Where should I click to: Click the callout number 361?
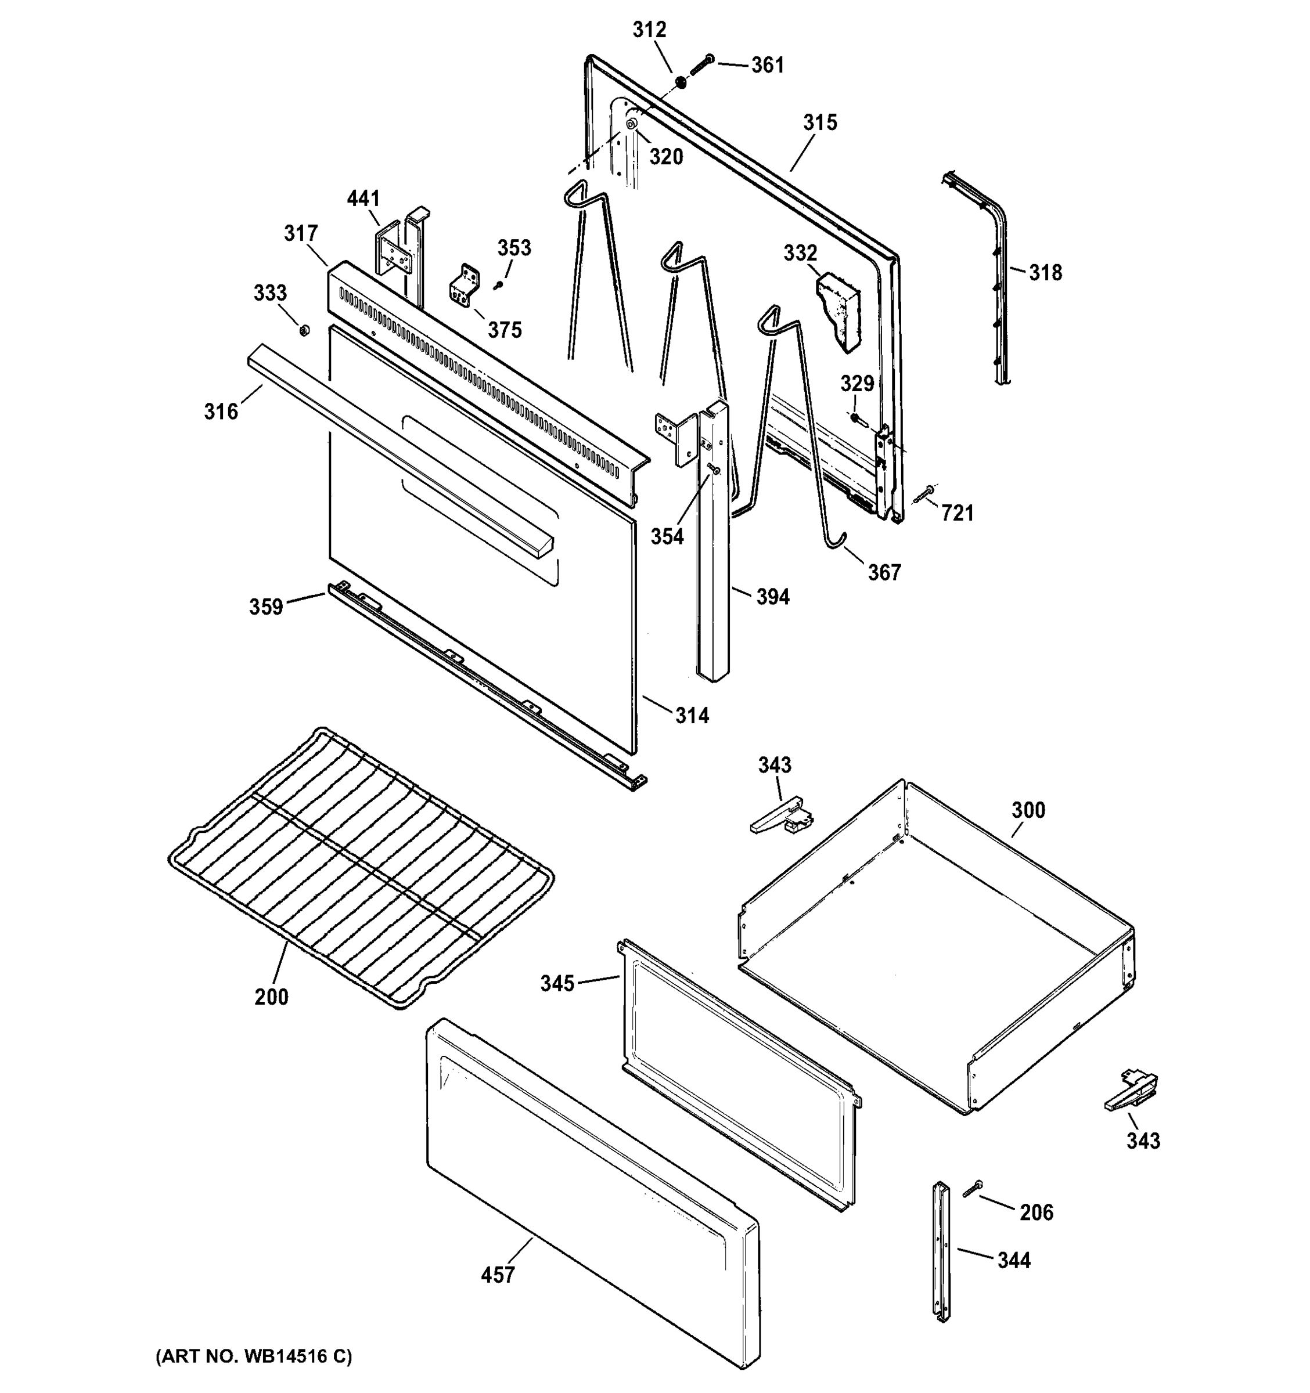coord(768,65)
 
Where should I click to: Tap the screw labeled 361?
coord(700,67)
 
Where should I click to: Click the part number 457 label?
coord(498,1275)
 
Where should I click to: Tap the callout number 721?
coord(957,514)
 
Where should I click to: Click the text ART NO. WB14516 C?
coord(254,1356)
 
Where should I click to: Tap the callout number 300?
coord(1028,810)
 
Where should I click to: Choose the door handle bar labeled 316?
coord(400,449)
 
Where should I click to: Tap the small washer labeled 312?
coord(680,84)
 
